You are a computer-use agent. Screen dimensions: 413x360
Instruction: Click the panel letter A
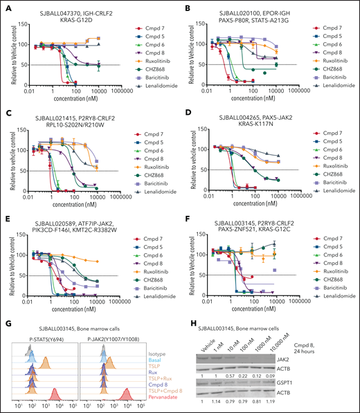point(5,6)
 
